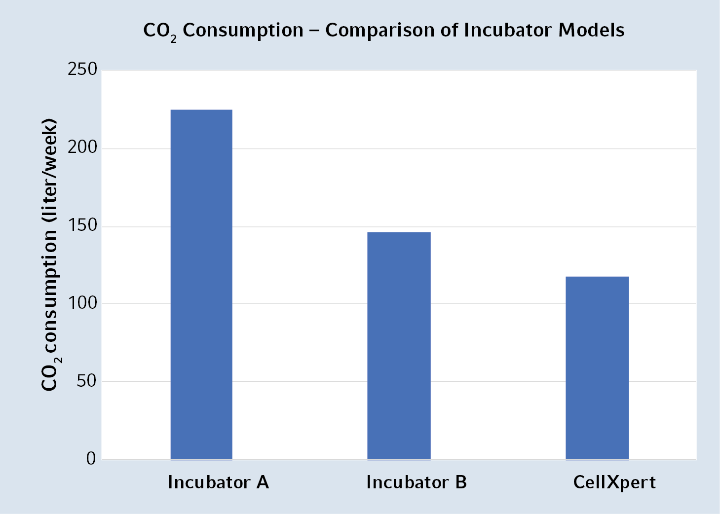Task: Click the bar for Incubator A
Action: [201, 285]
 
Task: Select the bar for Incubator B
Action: [399, 346]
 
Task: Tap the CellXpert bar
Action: [597, 368]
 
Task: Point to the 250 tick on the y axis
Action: [82, 70]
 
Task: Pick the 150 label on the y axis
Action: [82, 225]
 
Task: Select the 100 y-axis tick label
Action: [82, 303]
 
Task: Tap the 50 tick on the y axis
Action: [86, 381]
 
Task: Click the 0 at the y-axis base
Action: [91, 459]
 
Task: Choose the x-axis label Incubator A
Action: [219, 482]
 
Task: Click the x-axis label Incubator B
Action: [417, 482]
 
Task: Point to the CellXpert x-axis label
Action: [614, 482]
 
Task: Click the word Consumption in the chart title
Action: [243, 31]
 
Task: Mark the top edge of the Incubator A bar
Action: [201, 110]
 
